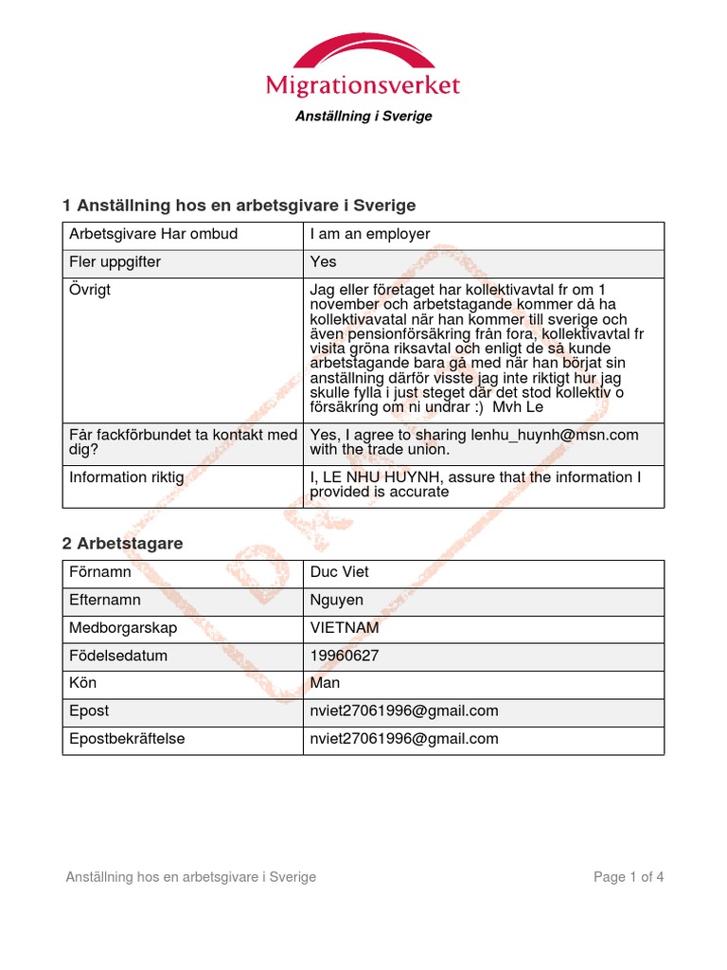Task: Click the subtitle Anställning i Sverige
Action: coord(363,117)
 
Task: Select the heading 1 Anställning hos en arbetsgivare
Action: coord(239,206)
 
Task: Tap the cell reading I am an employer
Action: coord(370,234)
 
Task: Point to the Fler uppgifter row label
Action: coord(115,261)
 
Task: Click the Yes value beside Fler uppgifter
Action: coord(323,261)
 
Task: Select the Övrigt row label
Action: coord(90,290)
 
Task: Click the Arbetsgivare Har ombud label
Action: coord(153,234)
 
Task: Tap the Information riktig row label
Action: coord(127,477)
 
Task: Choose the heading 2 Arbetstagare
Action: coord(122,544)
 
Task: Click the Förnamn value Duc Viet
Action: coord(340,572)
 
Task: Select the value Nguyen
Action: coord(337,600)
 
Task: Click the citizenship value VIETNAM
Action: coord(346,628)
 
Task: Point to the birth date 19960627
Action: coord(348,656)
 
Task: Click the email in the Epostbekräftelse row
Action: coord(404,739)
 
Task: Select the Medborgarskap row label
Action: coord(123,628)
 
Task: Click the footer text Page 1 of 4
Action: coord(629,877)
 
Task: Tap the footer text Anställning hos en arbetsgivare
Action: coord(190,877)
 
